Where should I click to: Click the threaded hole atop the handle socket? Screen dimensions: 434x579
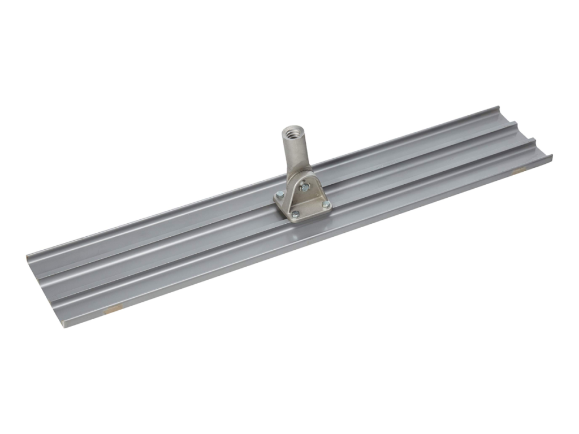[292, 134]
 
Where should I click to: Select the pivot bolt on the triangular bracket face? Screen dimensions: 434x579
[306, 186]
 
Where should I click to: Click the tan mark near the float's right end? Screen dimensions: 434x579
[518, 170]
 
